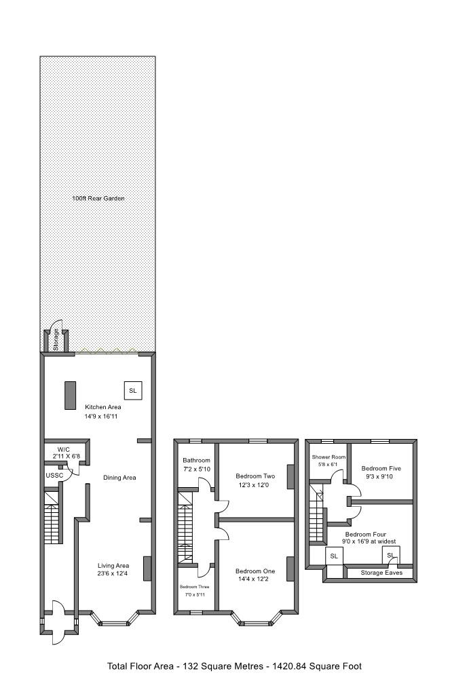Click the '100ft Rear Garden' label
(98, 199)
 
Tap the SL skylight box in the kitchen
(132, 391)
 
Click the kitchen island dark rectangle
(70, 396)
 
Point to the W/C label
(64, 449)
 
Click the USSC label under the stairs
(54, 476)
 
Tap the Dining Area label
(119, 478)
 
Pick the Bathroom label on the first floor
(197, 460)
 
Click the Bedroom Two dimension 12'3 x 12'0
(255, 485)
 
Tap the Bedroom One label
(255, 570)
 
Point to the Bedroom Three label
(195, 586)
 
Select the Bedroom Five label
(381, 468)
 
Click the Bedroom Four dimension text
(369, 541)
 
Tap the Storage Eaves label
(381, 573)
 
